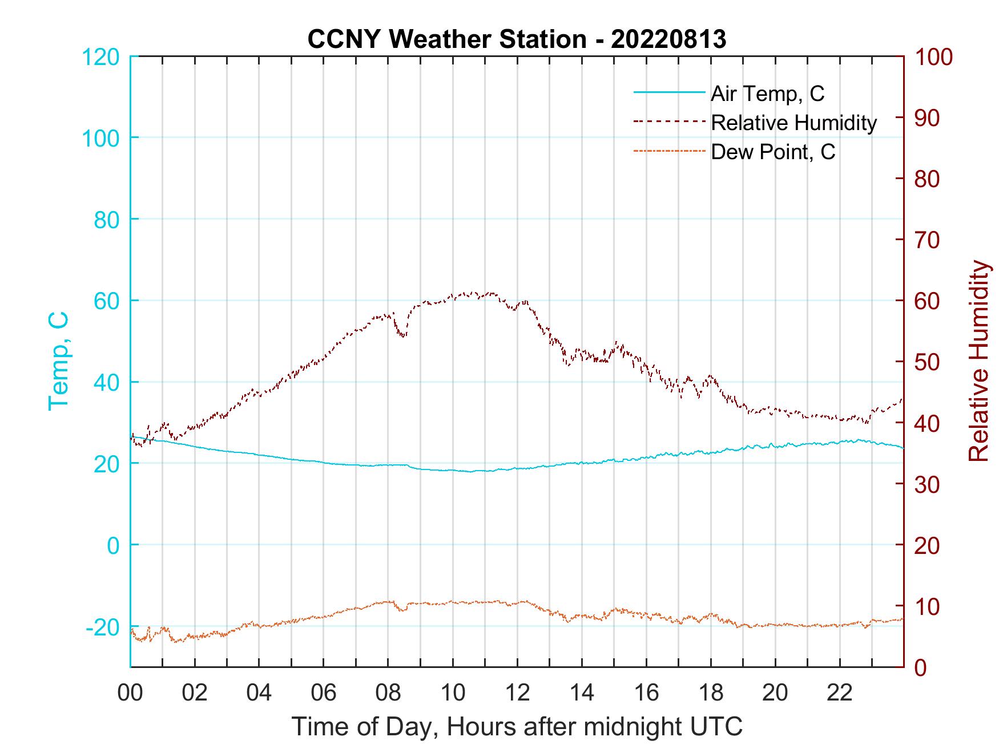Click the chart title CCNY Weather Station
[446, 39]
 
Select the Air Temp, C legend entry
[767, 94]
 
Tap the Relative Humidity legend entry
[793, 123]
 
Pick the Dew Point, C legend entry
[772, 152]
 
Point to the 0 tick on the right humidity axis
[921, 667]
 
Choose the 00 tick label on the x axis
[130, 693]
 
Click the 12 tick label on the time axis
[517, 693]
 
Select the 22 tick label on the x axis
[840, 693]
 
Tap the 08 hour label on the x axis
[388, 693]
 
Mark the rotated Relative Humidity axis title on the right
[978, 361]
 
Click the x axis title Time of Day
[517, 727]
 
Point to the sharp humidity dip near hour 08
[403, 335]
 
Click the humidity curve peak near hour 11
[491, 293]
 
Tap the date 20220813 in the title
[668, 39]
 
